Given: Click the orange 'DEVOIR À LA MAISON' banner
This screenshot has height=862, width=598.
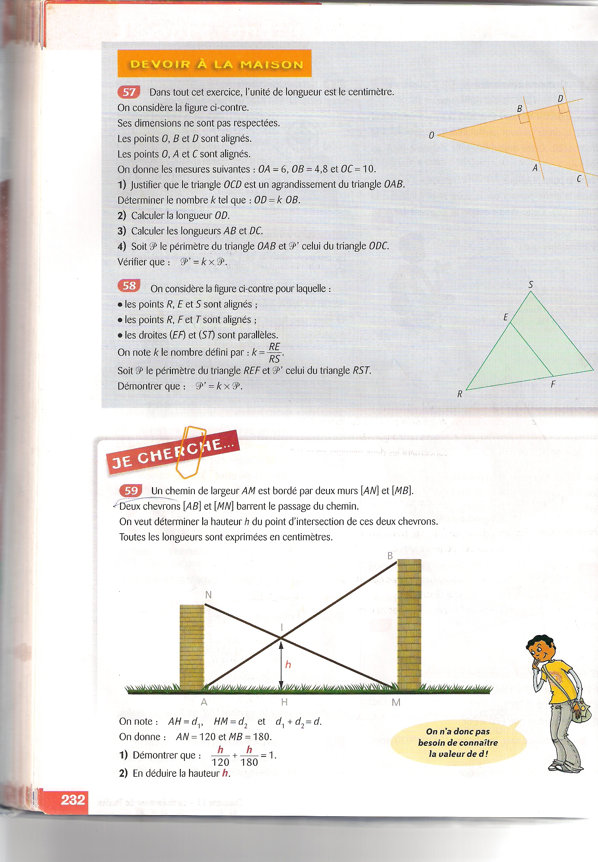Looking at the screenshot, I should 214,64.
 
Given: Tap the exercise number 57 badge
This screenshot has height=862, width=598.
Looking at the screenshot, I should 128,92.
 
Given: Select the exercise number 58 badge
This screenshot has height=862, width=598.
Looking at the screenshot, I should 129,286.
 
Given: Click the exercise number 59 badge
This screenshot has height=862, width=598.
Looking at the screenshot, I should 130,490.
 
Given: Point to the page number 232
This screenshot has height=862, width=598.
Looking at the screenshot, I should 73,799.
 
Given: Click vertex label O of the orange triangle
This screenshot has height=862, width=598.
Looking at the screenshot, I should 431,135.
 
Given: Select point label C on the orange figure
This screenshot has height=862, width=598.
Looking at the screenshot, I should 579,179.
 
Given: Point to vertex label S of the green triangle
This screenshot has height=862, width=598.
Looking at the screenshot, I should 530,285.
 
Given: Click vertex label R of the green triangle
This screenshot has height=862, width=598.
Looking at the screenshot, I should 460,394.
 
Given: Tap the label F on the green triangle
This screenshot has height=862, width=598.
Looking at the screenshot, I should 553,384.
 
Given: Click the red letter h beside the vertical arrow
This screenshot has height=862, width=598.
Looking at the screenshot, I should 288,665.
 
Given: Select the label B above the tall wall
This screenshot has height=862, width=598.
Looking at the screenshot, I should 390,556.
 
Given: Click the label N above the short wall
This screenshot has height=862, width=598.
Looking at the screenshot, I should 208,595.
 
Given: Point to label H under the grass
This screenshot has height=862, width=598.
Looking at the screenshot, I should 284,702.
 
